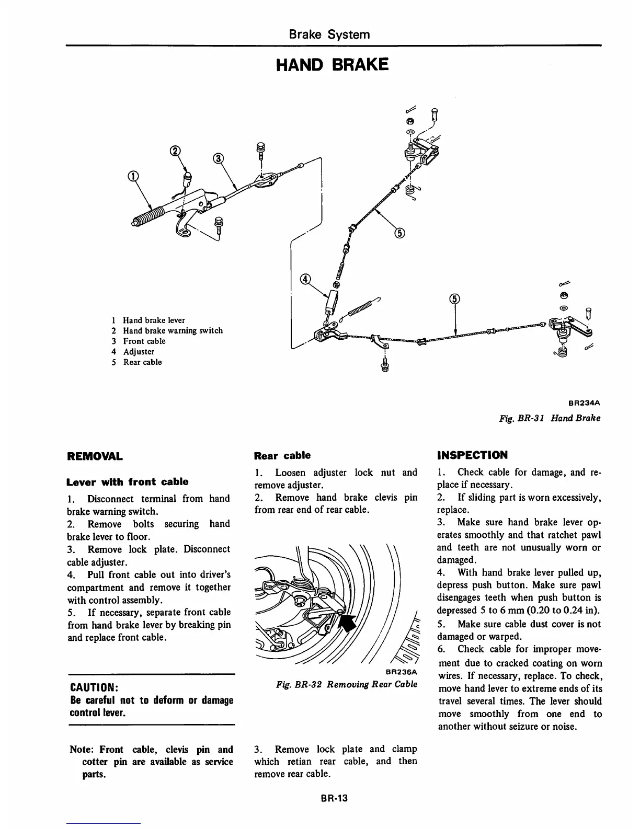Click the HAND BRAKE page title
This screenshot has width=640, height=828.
point(332,65)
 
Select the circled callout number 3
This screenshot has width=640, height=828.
point(219,158)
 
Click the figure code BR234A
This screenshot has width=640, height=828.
point(583,403)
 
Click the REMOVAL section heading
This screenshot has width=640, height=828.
point(95,456)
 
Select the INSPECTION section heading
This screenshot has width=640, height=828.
point(472,455)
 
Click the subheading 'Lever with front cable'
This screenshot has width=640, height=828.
point(128,481)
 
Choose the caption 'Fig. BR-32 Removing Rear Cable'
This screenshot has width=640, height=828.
point(347,684)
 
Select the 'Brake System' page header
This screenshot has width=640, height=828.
point(329,34)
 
